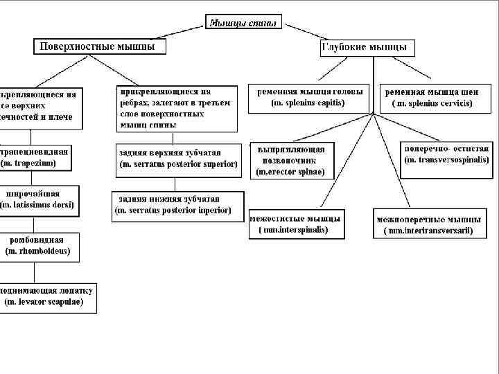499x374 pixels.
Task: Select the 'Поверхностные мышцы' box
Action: pyautogui.click(x=102, y=46)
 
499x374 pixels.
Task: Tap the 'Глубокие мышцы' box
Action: pyautogui.click(x=367, y=48)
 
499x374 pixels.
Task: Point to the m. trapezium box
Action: pyautogui.click(x=38, y=157)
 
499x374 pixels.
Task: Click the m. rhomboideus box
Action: pyautogui.click(x=39, y=246)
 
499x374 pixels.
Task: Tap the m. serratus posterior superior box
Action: pyautogui.click(x=178, y=159)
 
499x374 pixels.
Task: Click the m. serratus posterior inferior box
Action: pyautogui.click(x=177, y=206)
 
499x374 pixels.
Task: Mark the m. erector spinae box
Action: pyautogui.click(x=291, y=160)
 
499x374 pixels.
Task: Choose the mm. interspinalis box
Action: pyautogui.click(x=296, y=224)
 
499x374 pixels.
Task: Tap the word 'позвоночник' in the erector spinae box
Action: pyautogui.click(x=287, y=160)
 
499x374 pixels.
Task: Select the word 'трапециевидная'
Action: pyautogui.click(x=36, y=152)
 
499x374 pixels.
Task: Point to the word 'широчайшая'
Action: pyautogui.click(x=33, y=194)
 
